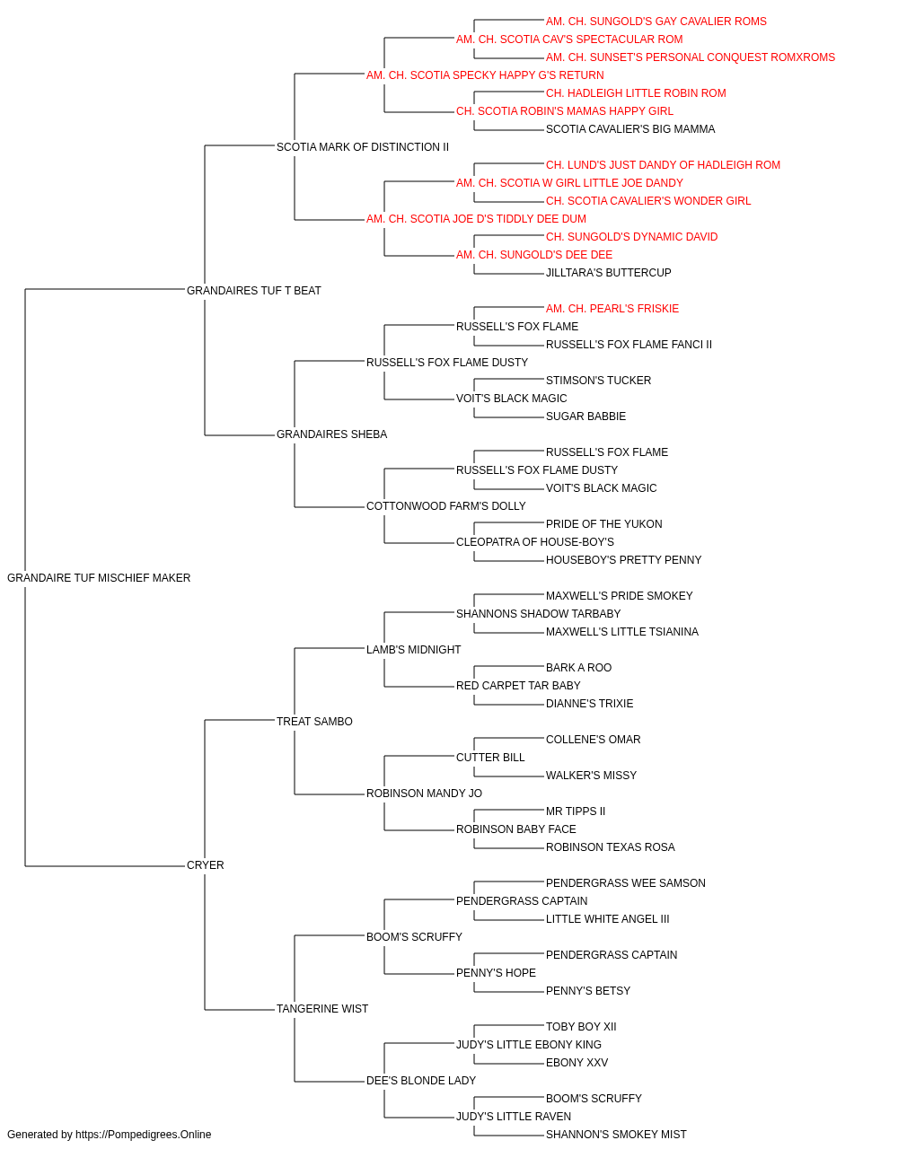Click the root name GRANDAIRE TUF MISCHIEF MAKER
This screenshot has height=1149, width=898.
point(99,578)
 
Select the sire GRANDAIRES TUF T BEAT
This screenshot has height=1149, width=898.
point(254,291)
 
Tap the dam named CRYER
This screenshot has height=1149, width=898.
point(206,865)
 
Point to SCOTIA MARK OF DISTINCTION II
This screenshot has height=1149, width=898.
point(363,147)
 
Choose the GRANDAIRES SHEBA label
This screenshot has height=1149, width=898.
point(331,434)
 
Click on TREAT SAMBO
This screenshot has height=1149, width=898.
point(314,722)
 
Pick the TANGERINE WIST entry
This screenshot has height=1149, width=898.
point(322,1009)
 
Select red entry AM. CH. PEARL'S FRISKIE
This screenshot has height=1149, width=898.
point(612,309)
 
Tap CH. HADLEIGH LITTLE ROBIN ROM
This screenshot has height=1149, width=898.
point(636,93)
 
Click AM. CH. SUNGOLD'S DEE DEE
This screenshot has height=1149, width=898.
point(534,255)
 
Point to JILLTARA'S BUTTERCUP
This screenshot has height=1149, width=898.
point(608,273)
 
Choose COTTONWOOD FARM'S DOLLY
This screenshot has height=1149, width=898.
point(445,506)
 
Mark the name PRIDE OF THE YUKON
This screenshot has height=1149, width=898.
point(604,524)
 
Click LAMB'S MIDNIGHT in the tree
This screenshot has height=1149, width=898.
point(414,650)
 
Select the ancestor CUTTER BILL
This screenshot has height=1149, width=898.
point(490,758)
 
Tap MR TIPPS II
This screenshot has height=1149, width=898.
point(576,811)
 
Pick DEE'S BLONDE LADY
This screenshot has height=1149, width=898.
point(421,1081)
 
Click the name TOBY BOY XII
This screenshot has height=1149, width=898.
point(581,1027)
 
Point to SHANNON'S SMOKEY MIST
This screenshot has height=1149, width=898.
point(616,1135)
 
